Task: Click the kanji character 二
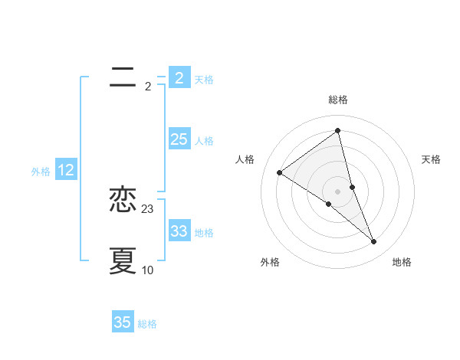(123, 77)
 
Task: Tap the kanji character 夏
(123, 260)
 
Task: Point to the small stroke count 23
(148, 209)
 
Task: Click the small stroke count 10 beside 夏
(148, 270)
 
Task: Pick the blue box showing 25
(179, 139)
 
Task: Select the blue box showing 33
(179, 231)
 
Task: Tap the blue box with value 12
(66, 171)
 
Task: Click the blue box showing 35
(123, 322)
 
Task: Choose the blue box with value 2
(179, 78)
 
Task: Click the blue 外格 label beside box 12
(41, 172)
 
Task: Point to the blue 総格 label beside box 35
(147, 324)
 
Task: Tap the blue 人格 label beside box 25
(204, 141)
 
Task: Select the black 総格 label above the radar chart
(338, 100)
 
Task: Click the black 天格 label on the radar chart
(432, 159)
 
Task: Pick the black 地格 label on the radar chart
(402, 262)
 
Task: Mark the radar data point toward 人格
(279, 172)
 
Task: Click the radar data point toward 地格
(374, 242)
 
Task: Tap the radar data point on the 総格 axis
(338, 130)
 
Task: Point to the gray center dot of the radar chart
(338, 191)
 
